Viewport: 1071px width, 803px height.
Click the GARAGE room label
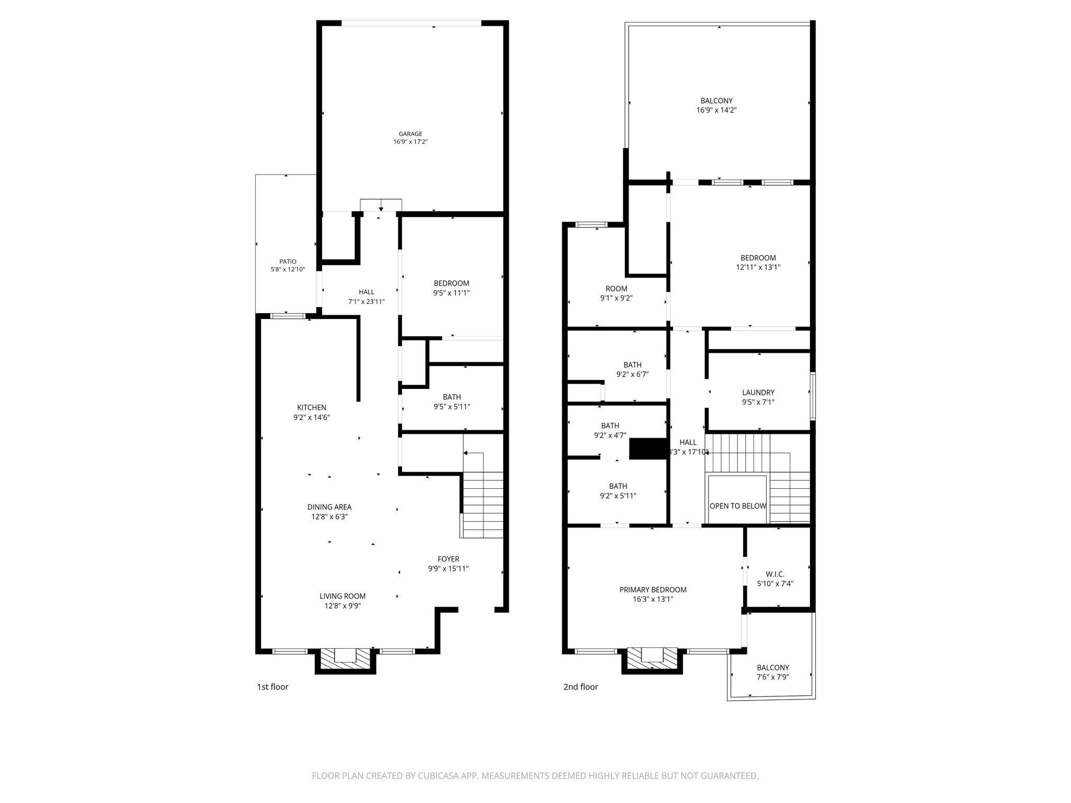(410, 134)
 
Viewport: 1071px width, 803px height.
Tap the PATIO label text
(288, 261)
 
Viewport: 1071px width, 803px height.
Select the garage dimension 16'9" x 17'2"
(411, 142)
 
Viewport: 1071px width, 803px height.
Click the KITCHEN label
(312, 408)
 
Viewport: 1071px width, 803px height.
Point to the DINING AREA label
(329, 507)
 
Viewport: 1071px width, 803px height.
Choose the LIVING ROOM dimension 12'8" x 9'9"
(343, 606)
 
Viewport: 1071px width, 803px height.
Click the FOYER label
(448, 559)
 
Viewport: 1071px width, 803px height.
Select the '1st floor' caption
(272, 687)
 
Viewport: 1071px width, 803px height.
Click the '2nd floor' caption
(580, 687)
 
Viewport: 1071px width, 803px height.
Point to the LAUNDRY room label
(758, 393)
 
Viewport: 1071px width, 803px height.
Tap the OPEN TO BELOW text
(738, 506)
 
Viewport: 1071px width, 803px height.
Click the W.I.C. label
(775, 574)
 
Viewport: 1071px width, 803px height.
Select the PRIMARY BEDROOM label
(653, 590)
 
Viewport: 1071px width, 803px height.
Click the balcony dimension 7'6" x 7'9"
(773, 677)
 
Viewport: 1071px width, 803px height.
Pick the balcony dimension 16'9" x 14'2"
(716, 110)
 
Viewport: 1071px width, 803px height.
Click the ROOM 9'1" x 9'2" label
(617, 289)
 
